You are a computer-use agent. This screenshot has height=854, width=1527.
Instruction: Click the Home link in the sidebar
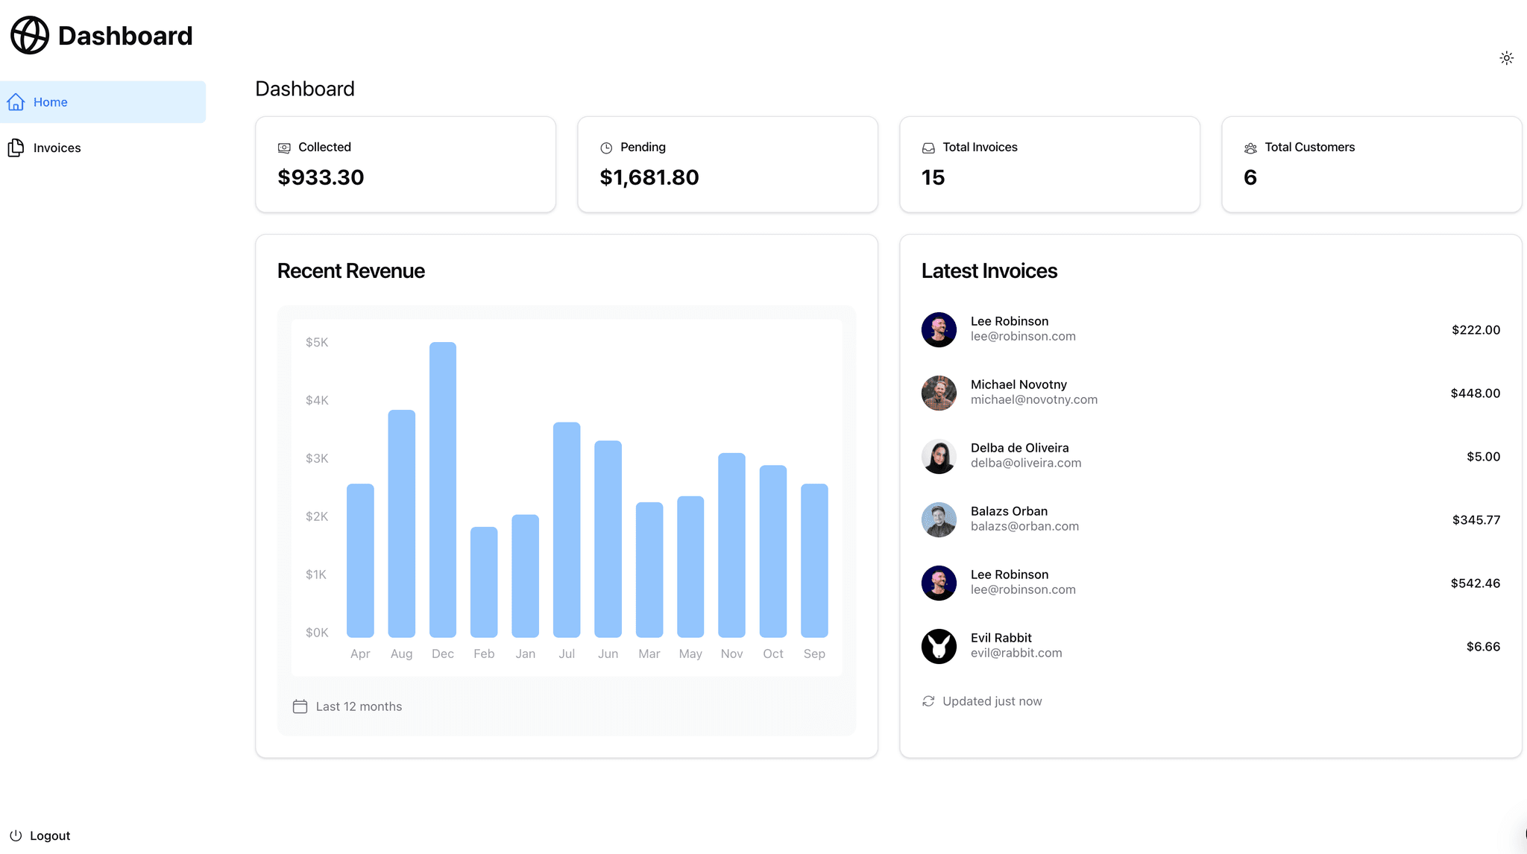tap(50, 102)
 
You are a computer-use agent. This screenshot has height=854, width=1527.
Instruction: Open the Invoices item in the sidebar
tap(57, 148)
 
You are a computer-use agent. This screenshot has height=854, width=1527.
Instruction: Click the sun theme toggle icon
tap(1506, 58)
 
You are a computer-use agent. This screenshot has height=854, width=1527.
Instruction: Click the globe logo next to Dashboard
tap(30, 35)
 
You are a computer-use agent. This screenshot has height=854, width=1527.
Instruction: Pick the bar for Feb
tap(484, 582)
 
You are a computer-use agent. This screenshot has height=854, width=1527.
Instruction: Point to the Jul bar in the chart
tap(567, 530)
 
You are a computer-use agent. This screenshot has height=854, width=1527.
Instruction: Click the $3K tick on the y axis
tap(317, 458)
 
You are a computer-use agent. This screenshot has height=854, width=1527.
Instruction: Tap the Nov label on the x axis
tap(731, 654)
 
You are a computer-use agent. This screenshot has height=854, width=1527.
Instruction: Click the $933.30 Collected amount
tap(321, 177)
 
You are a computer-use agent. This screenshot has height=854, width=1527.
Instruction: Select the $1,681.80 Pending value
tap(649, 177)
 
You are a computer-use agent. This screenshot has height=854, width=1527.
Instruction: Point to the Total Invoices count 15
tap(933, 177)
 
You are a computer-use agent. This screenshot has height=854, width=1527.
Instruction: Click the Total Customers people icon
tap(1250, 148)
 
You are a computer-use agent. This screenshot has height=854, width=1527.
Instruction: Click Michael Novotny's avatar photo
tap(939, 393)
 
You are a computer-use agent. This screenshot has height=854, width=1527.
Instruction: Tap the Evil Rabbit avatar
tap(939, 646)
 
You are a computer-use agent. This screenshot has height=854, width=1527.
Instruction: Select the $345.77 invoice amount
tap(1476, 519)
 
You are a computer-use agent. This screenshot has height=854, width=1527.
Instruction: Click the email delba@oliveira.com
tap(1025, 463)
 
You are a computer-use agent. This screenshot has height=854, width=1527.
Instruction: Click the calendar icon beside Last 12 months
tap(300, 706)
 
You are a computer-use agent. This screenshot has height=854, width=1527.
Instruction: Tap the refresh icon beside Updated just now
tap(928, 701)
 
